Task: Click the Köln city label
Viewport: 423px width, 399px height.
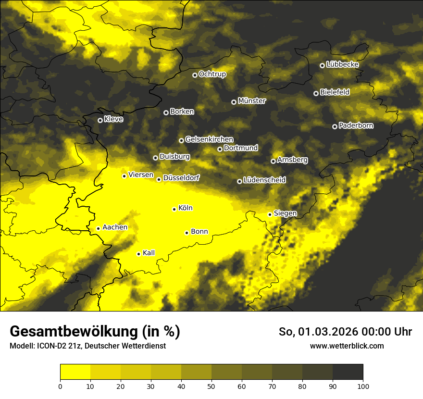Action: click(x=185, y=208)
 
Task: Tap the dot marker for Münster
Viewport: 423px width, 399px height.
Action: click(x=234, y=102)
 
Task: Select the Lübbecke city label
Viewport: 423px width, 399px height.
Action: click(x=342, y=64)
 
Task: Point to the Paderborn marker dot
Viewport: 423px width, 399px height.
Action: click(x=335, y=126)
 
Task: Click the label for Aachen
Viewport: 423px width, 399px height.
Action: click(x=115, y=227)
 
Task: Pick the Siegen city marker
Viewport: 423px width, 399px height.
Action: click(x=270, y=214)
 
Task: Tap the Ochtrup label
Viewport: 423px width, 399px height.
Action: click(x=212, y=74)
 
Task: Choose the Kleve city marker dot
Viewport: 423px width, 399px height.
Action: click(x=100, y=120)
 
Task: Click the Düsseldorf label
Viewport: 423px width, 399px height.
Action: click(x=181, y=178)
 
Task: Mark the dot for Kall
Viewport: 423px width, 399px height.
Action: click(x=138, y=254)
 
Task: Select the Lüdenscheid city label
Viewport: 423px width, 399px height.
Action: click(x=264, y=180)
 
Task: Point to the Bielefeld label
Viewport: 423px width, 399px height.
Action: click(x=335, y=92)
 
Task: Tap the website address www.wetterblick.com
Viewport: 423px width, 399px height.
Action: click(x=347, y=346)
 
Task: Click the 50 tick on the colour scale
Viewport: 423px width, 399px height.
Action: click(x=211, y=386)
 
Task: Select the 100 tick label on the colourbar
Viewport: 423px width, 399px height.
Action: click(x=363, y=386)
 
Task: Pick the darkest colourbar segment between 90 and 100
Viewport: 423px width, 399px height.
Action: click(x=348, y=372)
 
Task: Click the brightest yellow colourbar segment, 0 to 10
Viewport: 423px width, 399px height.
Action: click(x=75, y=372)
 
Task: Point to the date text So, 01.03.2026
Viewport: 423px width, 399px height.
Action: click(x=319, y=332)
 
